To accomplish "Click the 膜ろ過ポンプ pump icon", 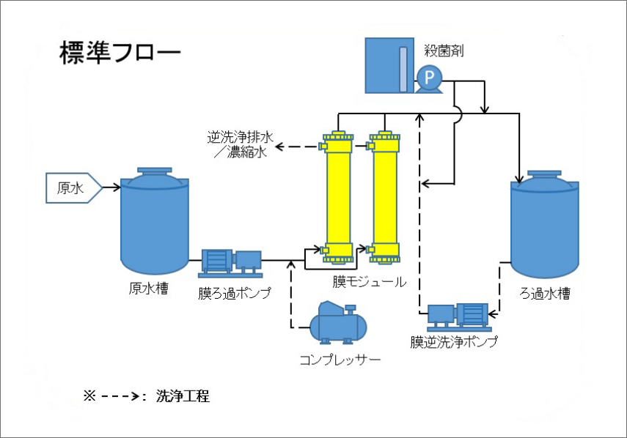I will click(x=232, y=261).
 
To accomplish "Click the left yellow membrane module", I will click(x=339, y=196).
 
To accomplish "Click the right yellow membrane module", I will click(x=386, y=196).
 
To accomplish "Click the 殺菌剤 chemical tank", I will click(x=388, y=66).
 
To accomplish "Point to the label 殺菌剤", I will click(x=444, y=51).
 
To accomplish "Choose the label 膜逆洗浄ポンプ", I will click(x=454, y=341).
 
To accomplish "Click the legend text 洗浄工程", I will click(x=183, y=396).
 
